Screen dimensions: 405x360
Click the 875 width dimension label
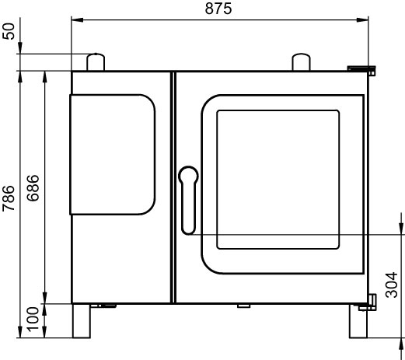218,9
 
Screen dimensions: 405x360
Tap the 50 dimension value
9,31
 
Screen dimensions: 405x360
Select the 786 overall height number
9,198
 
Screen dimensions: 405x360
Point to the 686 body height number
33,187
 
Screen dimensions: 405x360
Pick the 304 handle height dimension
391,285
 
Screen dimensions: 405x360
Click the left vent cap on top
96,62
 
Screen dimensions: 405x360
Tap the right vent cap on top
301,62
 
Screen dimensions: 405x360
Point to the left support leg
82,321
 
